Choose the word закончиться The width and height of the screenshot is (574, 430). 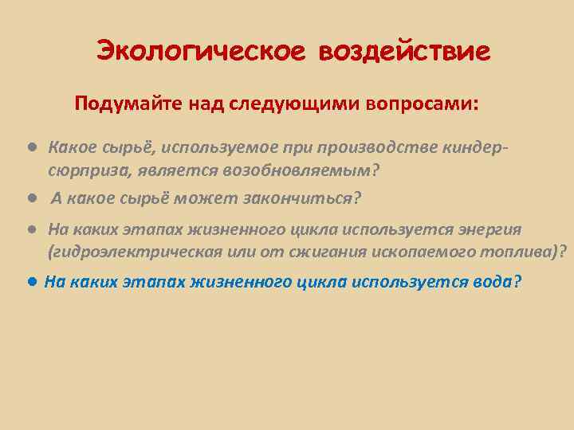tap(308, 197)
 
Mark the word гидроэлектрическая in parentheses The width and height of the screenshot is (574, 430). tap(132, 252)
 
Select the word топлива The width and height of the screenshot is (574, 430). tap(521, 252)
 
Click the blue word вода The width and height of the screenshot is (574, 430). tap(493, 282)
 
